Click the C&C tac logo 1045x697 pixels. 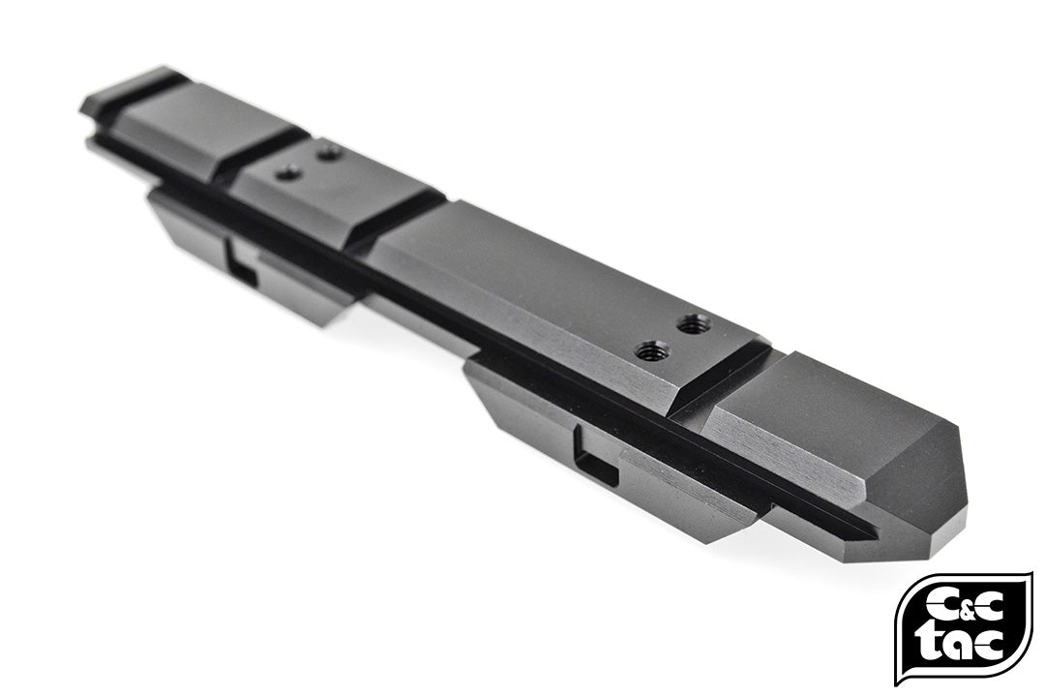[x=963, y=627]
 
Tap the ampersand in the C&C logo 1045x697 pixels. [x=964, y=606]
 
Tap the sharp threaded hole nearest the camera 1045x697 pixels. [x=650, y=351]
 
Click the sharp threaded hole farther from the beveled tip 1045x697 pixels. [x=693, y=323]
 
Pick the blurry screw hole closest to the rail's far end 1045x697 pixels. [x=329, y=152]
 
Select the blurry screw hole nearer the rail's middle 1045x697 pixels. [x=287, y=173]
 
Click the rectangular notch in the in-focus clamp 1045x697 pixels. [x=595, y=458]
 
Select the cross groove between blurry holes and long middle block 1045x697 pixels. [x=397, y=218]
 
